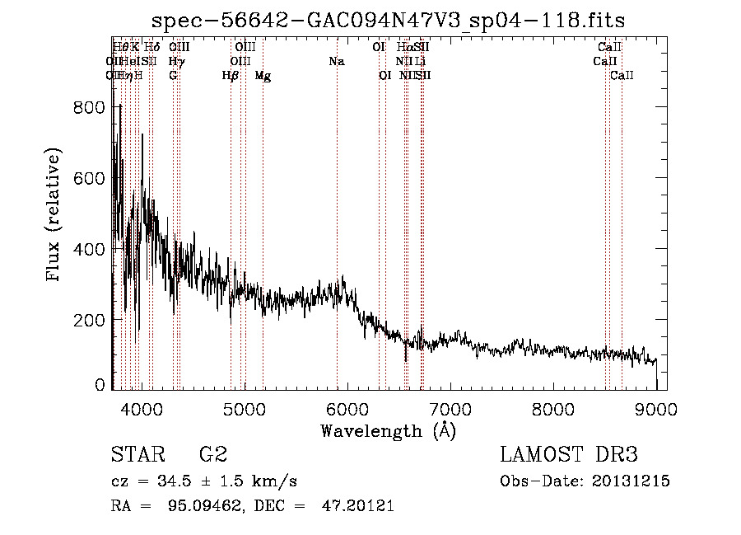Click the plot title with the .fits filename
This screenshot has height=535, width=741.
tap(389, 21)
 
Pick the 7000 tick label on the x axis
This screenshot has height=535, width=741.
tap(450, 408)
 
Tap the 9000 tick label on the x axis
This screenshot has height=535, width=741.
tap(656, 408)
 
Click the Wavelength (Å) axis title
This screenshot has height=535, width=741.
tap(388, 430)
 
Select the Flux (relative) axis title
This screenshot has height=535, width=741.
tap(55, 216)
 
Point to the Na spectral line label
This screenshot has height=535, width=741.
tap(336, 61)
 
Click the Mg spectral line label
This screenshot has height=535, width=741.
tap(263, 76)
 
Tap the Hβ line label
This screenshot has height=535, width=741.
tap(231, 76)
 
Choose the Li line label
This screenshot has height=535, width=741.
tap(420, 61)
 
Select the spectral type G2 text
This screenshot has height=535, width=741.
tap(212, 455)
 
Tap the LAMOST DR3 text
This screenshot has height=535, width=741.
tap(569, 455)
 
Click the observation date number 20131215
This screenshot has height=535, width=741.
tap(629, 481)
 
